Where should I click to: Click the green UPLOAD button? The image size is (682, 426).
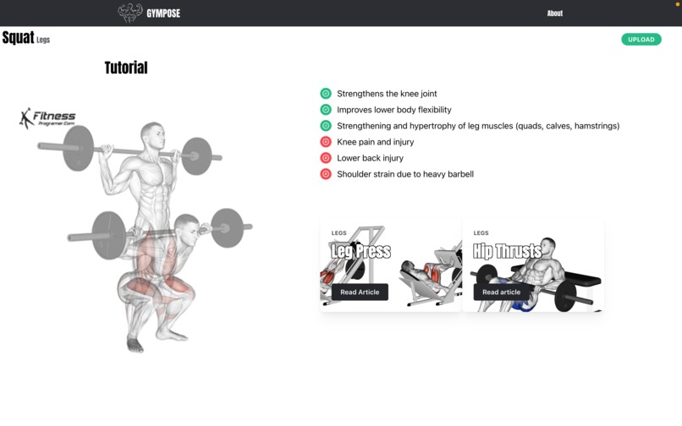[641, 39]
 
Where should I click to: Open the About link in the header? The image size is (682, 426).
[554, 14]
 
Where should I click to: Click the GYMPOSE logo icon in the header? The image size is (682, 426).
[129, 13]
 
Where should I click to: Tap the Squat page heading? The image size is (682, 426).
[18, 38]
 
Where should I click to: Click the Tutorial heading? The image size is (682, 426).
[126, 68]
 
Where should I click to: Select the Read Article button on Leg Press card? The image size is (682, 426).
[360, 292]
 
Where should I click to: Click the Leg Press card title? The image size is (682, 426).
[360, 251]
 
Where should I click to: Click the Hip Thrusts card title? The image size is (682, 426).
[507, 251]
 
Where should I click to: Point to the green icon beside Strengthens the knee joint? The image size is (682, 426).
[326, 94]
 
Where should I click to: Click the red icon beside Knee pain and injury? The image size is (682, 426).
[326, 142]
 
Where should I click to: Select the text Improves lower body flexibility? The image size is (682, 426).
[393, 110]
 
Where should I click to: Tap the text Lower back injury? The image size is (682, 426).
[370, 158]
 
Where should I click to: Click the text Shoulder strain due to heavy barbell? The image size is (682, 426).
[404, 174]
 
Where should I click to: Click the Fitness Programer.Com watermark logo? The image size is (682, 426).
[47, 118]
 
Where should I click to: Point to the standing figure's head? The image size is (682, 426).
[152, 134]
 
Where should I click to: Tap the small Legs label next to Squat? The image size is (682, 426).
[43, 40]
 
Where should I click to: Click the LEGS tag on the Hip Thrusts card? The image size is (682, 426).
[481, 233]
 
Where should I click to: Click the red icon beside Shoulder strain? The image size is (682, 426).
[326, 174]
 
